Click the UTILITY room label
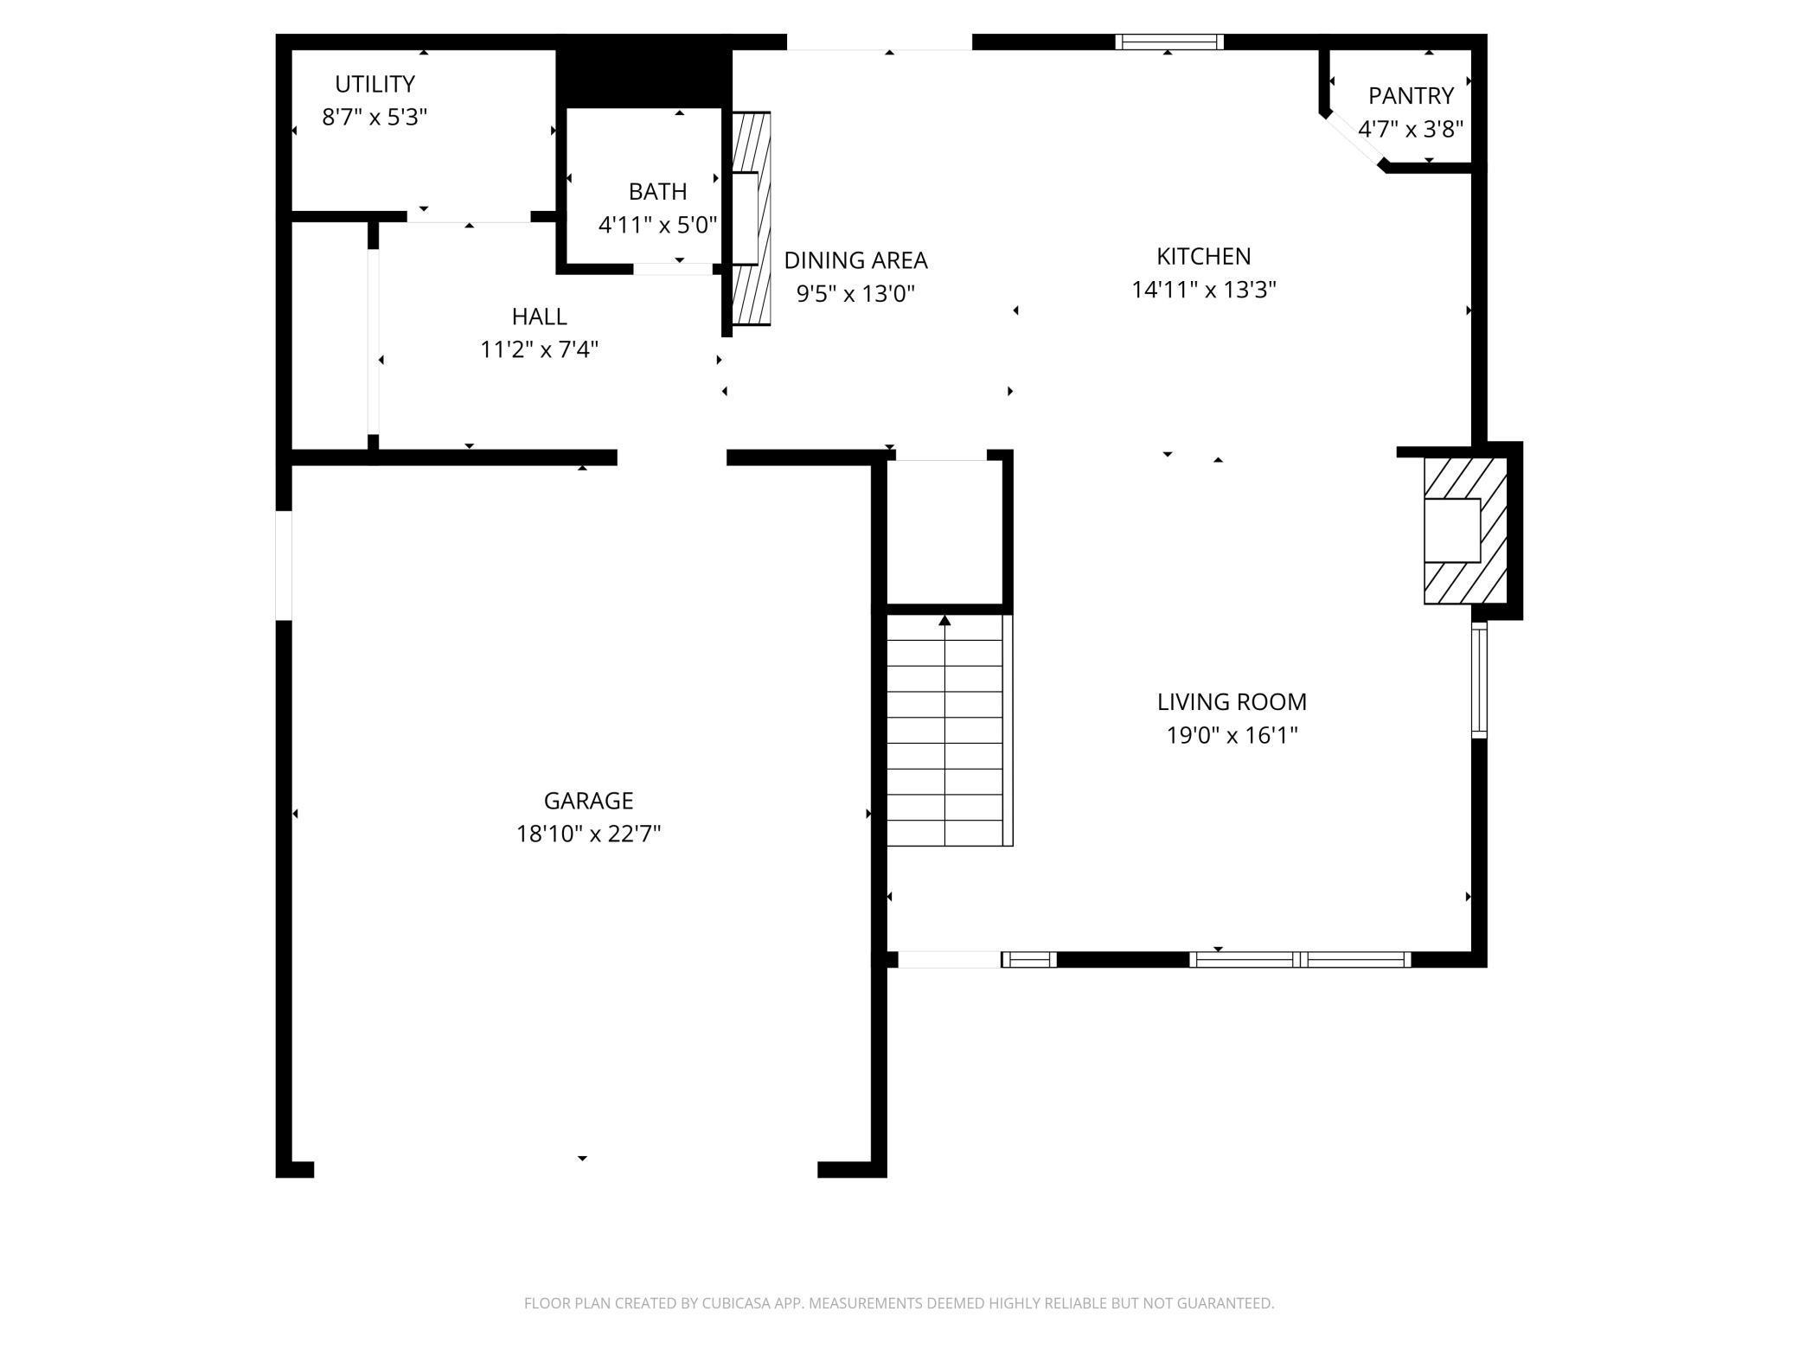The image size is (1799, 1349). (375, 84)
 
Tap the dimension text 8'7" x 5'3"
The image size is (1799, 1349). (375, 117)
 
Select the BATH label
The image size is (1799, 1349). (657, 191)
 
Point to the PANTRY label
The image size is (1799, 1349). (1411, 95)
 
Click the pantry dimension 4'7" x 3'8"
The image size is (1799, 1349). (1411, 129)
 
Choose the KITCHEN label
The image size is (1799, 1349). (1204, 256)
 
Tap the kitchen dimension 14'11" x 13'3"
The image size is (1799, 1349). (1204, 289)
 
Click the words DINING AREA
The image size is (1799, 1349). (855, 260)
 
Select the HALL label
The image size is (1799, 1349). (539, 316)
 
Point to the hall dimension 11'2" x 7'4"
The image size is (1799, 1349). (539, 349)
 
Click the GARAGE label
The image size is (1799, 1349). (588, 801)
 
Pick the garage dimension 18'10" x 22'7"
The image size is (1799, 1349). (588, 834)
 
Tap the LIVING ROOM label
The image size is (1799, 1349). (1232, 701)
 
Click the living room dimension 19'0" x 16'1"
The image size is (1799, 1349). (1232, 735)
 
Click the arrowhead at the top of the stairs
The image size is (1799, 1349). (944, 620)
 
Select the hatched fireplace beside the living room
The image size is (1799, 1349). (1465, 530)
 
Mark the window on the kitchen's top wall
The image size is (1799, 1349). (1169, 42)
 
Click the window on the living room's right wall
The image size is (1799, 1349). (1480, 680)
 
